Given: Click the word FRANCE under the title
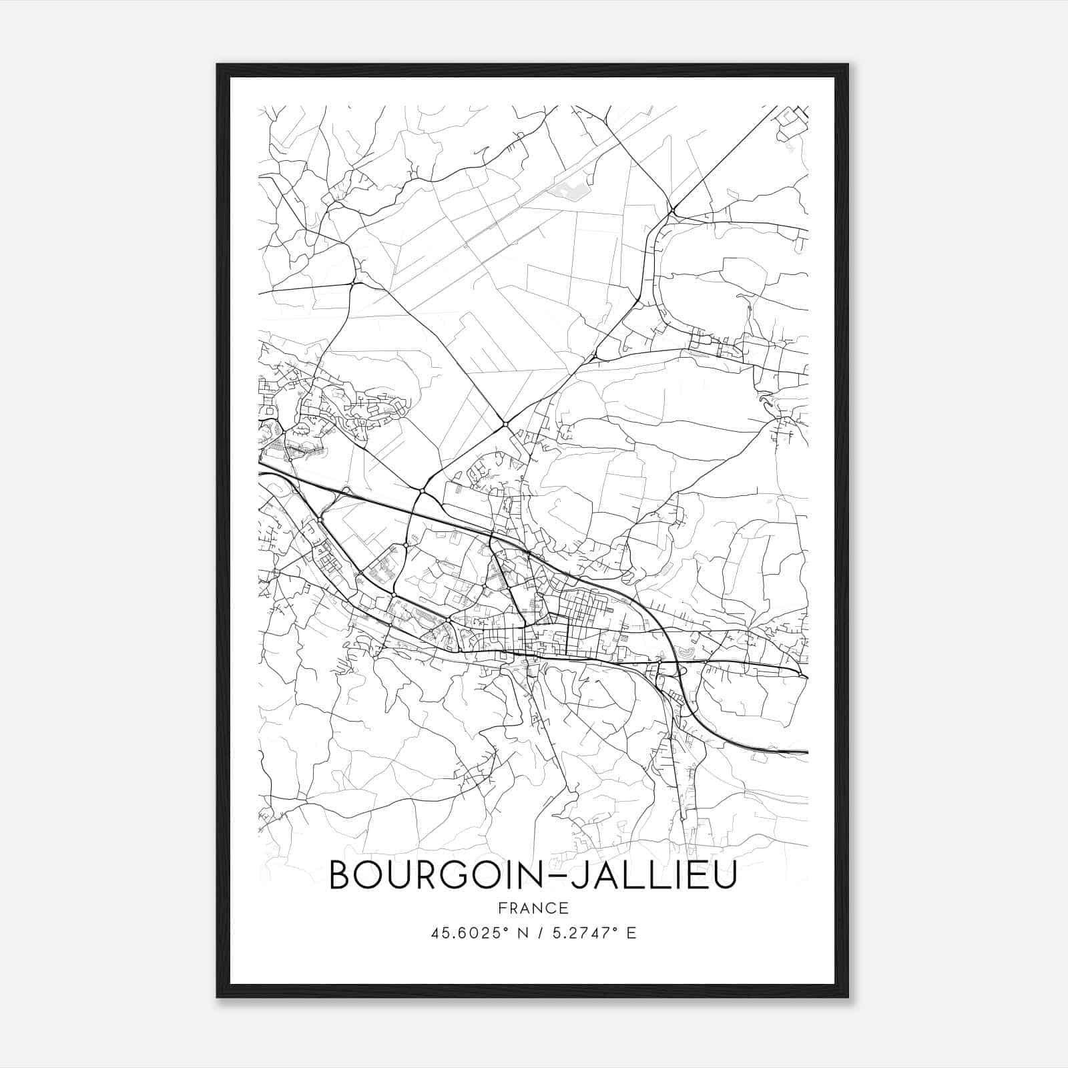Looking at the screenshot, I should (x=533, y=908).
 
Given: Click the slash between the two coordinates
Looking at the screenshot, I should (x=541, y=932).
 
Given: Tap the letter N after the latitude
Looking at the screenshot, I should (x=523, y=932).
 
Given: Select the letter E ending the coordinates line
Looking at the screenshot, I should (x=631, y=932).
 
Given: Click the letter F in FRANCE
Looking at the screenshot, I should (x=501, y=908).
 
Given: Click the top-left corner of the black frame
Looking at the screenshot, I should (x=218, y=65).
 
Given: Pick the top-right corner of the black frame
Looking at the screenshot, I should (x=848, y=65).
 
